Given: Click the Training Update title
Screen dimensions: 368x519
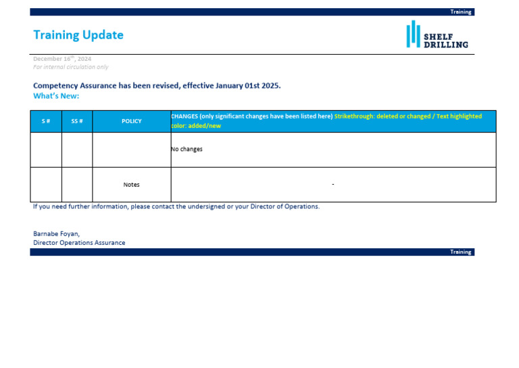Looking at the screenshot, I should point(78,35).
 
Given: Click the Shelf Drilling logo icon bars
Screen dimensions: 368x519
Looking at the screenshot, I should point(412,34).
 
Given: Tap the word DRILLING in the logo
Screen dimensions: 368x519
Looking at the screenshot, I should point(445,45).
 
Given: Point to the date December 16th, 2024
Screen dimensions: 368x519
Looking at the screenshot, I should point(62,59).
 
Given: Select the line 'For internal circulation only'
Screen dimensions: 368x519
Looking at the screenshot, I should point(70,67).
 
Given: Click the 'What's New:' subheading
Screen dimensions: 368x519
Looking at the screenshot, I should point(56,96).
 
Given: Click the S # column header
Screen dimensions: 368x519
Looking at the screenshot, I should point(46,121).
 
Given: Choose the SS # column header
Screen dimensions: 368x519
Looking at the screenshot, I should point(77,121).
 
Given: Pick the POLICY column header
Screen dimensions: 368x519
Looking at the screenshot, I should point(132,121).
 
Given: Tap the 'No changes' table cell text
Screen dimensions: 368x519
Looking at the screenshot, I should point(187,149).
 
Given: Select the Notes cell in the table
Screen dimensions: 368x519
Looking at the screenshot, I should point(132,185).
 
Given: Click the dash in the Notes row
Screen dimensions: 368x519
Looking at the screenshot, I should point(333,185).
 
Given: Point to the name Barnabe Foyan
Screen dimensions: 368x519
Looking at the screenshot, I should point(56,233).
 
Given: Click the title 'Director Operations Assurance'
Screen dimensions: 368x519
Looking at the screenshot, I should point(79,243).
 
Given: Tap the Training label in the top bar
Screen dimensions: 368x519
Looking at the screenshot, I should point(461,12).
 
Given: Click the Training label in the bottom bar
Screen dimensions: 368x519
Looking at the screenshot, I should point(461,252).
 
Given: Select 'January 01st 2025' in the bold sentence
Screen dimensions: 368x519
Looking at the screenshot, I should point(247,86).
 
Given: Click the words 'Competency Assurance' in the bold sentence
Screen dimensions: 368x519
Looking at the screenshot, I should point(75,86).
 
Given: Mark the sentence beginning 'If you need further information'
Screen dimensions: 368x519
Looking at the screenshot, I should point(176,206).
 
